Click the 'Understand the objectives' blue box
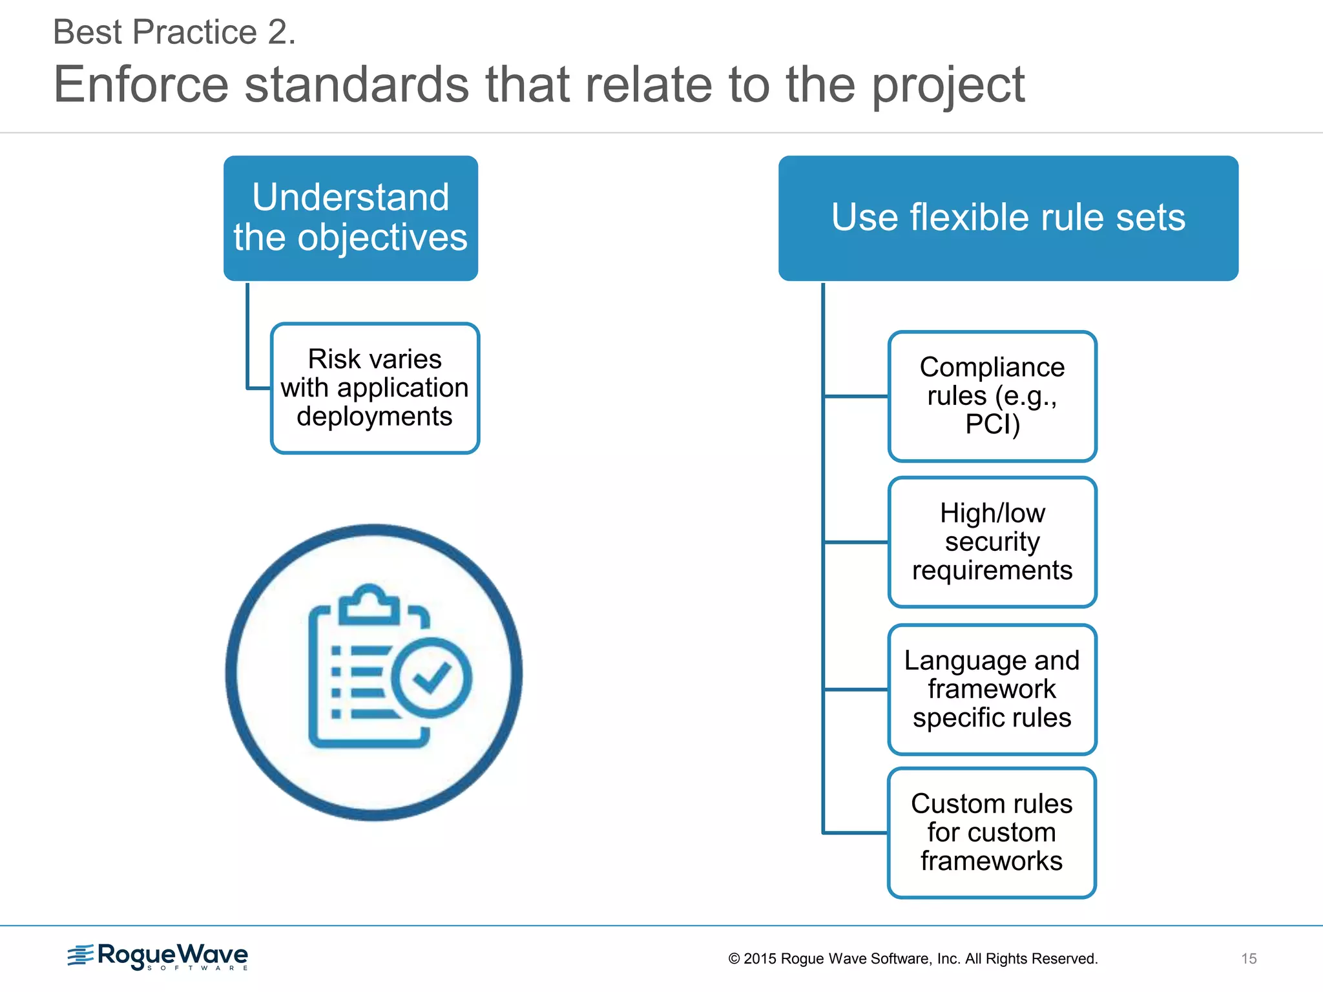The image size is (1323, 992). point(351,218)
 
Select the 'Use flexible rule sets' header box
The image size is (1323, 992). point(1008,218)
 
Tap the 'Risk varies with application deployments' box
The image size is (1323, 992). point(375,388)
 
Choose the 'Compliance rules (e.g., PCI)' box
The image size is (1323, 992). point(992,396)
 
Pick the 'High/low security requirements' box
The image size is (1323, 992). point(992,542)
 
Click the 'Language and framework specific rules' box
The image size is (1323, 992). point(992,689)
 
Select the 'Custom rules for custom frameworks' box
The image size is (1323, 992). point(992,832)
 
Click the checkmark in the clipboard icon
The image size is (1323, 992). point(432,677)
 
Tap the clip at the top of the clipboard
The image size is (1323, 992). point(370,603)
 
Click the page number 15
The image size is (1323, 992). point(1249,958)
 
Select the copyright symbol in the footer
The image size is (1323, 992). point(734,958)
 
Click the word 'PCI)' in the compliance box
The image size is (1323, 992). point(992,425)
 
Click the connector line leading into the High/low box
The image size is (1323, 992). point(856,542)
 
